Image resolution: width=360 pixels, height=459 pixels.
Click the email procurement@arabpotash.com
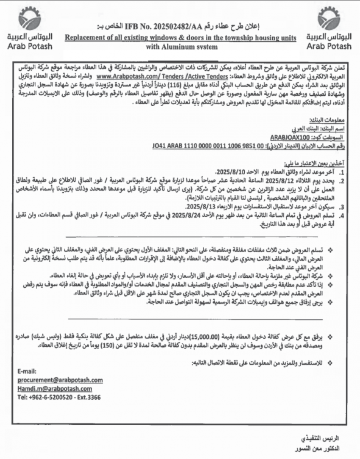[x=60, y=380]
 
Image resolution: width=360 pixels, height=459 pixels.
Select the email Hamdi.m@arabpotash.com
[x=55, y=388]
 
